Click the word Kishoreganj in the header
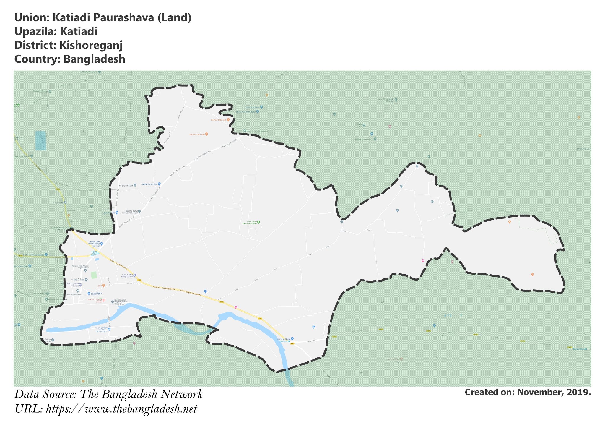point(91,45)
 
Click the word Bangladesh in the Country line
point(94,59)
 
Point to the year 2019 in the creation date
point(579,392)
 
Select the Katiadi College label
point(78,279)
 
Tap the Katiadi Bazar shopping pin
point(89,293)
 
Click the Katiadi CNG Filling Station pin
point(135,275)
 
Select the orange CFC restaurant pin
point(103,286)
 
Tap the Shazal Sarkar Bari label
point(149,184)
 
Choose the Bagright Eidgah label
point(126,186)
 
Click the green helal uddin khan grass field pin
point(258,222)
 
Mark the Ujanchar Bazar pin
point(292,338)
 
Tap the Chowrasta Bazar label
point(252,107)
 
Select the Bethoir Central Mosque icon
point(245,131)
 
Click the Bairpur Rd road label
point(310,341)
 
